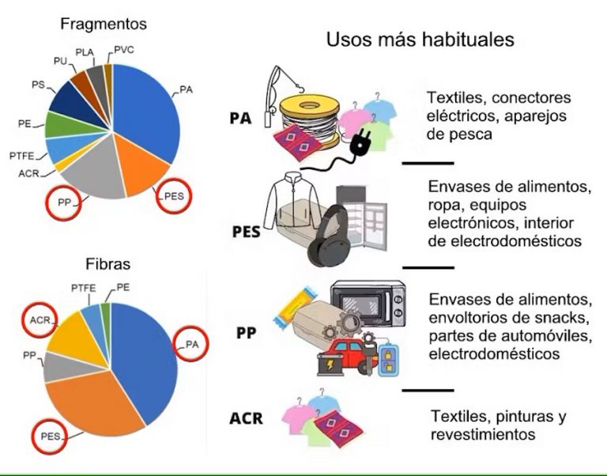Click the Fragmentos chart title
pyautogui.click(x=104, y=24)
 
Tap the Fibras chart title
pyautogui.click(x=108, y=264)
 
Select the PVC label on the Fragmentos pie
pyautogui.click(x=124, y=50)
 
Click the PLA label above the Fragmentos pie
pyautogui.click(x=85, y=52)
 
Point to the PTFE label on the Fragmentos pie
pyautogui.click(x=21, y=156)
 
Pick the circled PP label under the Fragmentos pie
pyautogui.click(x=63, y=202)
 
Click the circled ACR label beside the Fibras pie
pyautogui.click(x=40, y=320)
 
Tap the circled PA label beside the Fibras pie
pyautogui.click(x=191, y=344)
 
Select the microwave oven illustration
pyautogui.click(x=368, y=304)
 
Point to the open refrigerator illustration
pyautogui.click(x=361, y=218)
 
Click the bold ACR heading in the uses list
pyautogui.click(x=246, y=419)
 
